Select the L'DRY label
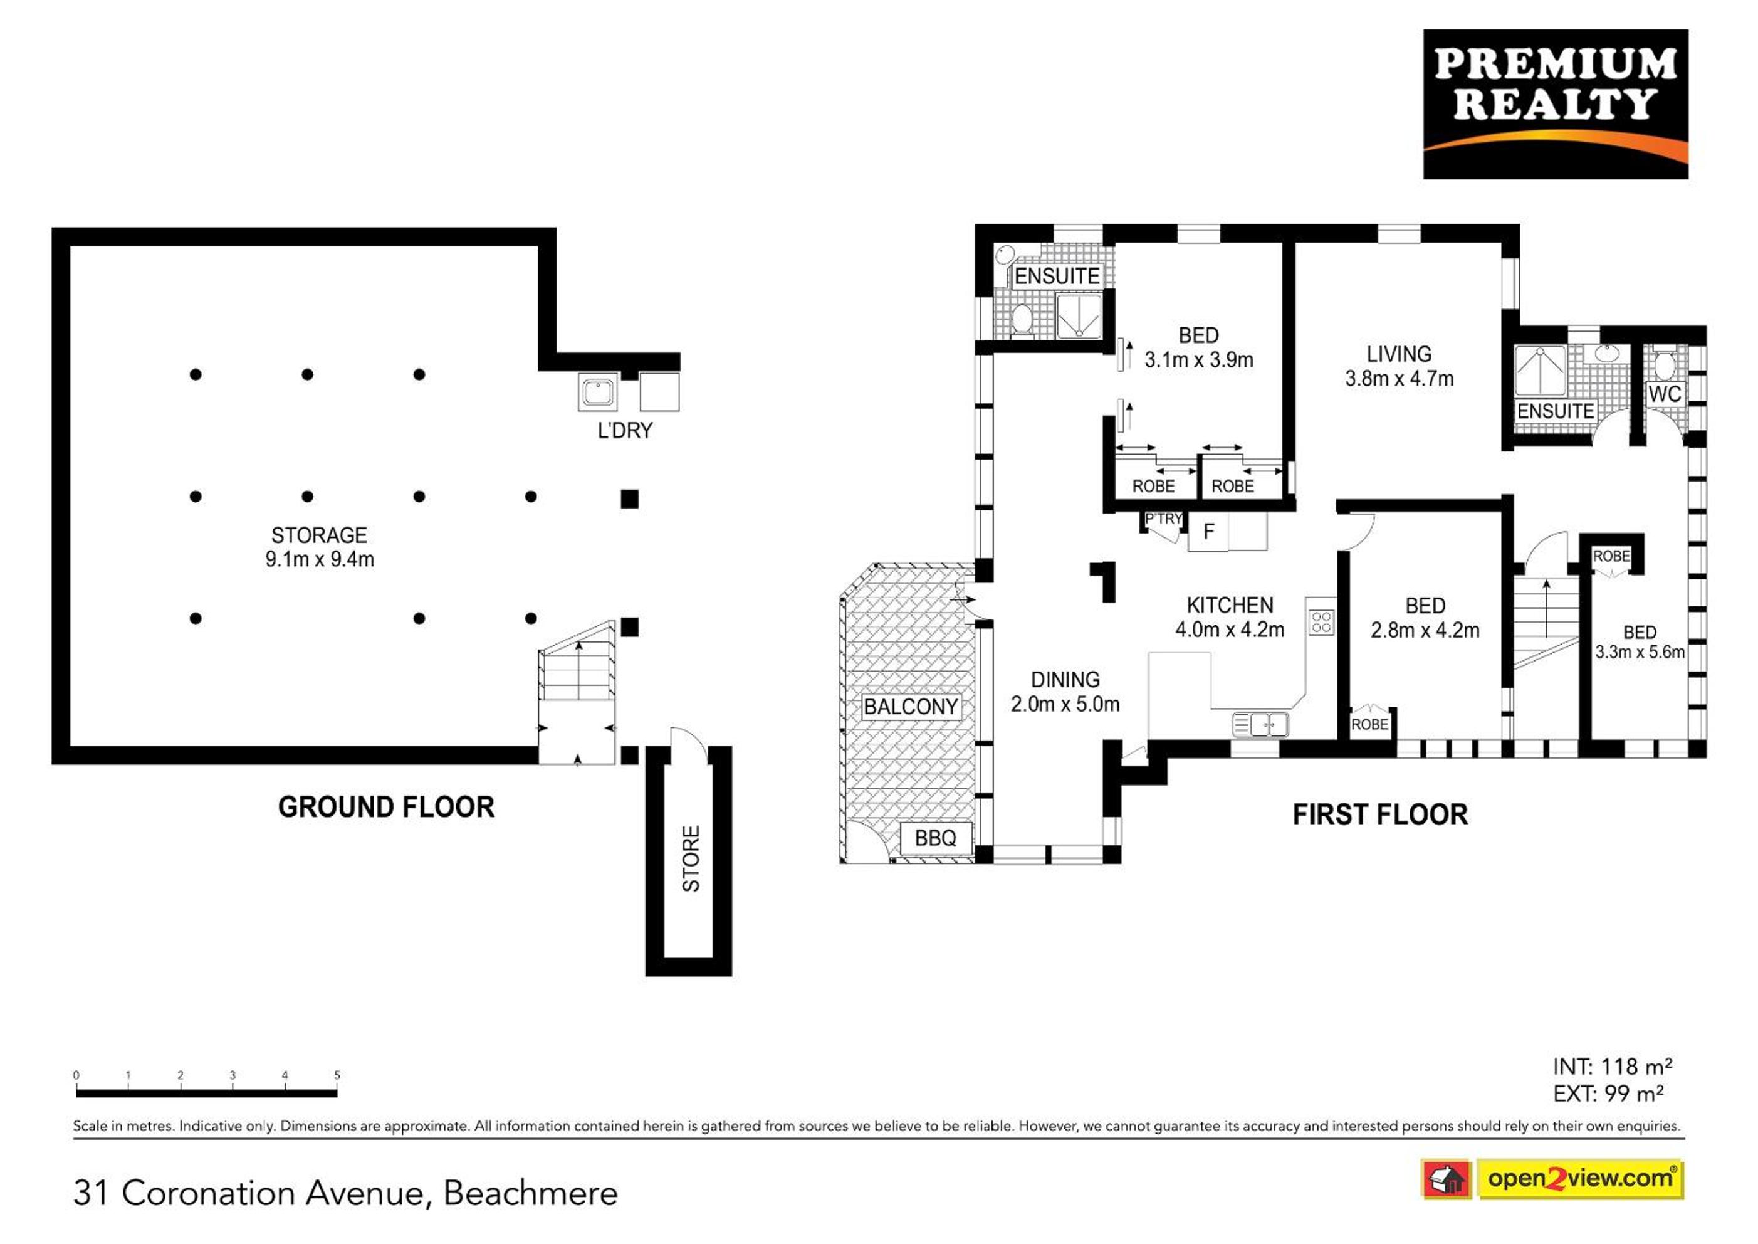[625, 431]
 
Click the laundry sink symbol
[598, 392]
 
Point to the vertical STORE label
[691, 858]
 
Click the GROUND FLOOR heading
[386, 808]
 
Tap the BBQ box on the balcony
[935, 838]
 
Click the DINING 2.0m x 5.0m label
[1065, 692]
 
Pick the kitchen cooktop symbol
[1321, 621]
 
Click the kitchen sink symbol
[1260, 724]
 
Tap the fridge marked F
[1208, 532]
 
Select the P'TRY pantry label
[1163, 519]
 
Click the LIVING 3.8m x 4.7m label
[1399, 366]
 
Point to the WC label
[1665, 394]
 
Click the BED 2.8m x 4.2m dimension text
[1425, 630]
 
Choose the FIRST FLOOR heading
[1379, 814]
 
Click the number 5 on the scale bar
[337, 1075]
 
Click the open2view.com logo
[1581, 1179]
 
